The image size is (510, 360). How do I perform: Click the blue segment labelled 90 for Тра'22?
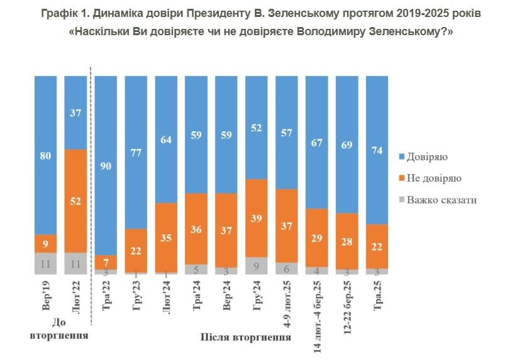coord(106,165)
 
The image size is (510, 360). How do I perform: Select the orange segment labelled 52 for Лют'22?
coord(75,201)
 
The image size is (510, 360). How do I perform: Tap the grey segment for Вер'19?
coord(45,263)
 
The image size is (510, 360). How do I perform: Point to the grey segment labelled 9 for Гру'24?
coord(256,266)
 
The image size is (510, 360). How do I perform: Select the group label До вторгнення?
coord(58,329)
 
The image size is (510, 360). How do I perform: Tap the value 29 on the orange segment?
coord(316,237)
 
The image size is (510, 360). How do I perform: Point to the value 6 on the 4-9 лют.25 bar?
coord(286,268)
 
